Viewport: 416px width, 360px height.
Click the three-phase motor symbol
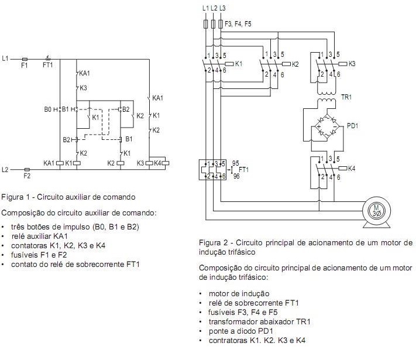[376, 212]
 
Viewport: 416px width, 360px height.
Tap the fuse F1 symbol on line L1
[25, 59]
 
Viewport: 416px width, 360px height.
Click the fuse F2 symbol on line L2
[27, 169]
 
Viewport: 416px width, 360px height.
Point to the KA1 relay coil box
[60, 163]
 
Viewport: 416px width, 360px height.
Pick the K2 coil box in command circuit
[121, 163]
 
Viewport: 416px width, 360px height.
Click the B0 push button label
[47, 109]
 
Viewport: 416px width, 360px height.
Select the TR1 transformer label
[346, 97]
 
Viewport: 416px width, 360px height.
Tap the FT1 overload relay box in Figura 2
[212, 170]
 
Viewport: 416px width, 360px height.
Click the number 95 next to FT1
[236, 163]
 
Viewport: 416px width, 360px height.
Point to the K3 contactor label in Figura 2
[352, 64]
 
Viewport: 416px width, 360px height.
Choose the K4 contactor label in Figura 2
[352, 169]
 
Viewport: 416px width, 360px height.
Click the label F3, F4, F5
[238, 24]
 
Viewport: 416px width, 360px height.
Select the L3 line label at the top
[222, 8]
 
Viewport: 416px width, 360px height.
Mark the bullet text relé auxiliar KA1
[40, 236]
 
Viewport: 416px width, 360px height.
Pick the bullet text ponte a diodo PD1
[240, 331]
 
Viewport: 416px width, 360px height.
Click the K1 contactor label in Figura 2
[239, 64]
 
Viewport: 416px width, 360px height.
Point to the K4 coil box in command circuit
[166, 163]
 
